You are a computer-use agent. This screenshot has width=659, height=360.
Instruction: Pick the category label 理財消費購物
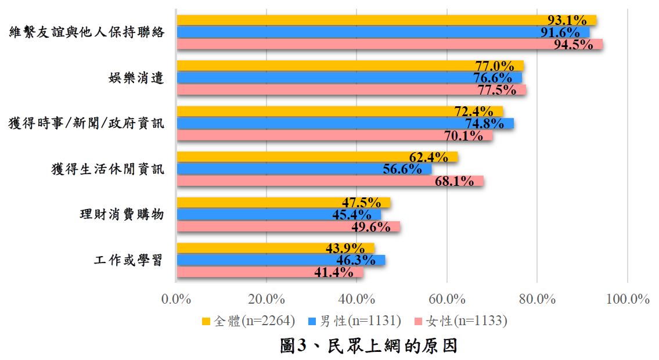pyautogui.click(x=122, y=214)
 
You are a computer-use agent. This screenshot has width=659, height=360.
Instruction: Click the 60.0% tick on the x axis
pyautogui.click(x=447, y=299)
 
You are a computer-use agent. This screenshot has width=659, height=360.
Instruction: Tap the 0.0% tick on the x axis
pyautogui.click(x=176, y=299)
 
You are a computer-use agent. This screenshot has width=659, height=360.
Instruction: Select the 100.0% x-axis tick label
pyautogui.click(x=627, y=299)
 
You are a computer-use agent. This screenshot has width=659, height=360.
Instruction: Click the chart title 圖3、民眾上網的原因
pyautogui.click(x=369, y=346)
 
